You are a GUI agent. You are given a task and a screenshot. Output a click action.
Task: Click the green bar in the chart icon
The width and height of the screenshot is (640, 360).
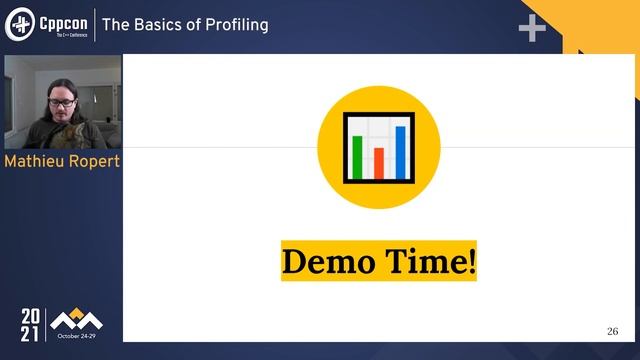click(x=357, y=155)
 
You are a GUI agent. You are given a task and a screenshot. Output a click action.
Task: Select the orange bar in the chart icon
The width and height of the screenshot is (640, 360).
click(x=379, y=162)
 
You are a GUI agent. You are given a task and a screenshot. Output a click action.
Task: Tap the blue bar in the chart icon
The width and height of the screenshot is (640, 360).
click(x=400, y=149)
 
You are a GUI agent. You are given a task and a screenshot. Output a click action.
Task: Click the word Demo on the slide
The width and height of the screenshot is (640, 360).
click(x=329, y=262)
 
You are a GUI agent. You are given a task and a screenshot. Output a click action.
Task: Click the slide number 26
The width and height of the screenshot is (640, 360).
click(x=613, y=331)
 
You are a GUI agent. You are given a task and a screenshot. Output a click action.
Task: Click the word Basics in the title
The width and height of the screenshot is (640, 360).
click(x=163, y=24)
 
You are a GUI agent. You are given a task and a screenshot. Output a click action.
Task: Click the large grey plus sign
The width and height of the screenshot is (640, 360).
click(x=532, y=28)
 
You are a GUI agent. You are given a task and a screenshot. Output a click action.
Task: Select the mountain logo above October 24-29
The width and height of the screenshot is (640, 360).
click(x=76, y=320)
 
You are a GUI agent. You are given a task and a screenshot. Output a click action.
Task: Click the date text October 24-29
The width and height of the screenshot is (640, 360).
click(x=77, y=337)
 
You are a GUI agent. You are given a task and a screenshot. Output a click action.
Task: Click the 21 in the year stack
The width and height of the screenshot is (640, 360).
click(x=31, y=334)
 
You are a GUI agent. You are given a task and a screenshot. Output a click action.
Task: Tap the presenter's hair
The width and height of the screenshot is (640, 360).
click(x=54, y=80)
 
